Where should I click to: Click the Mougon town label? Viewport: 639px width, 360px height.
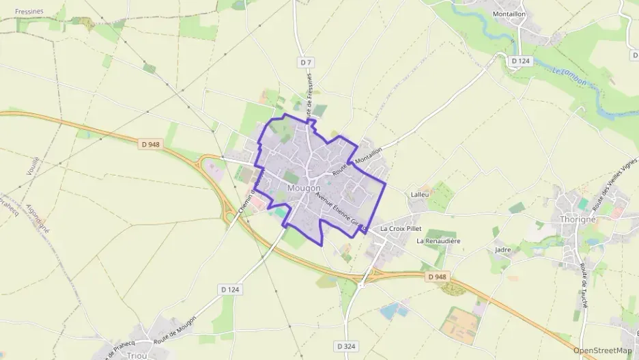tap(304, 188)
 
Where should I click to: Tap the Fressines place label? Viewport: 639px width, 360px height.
tap(29, 11)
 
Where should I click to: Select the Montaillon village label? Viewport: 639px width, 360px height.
tap(509, 14)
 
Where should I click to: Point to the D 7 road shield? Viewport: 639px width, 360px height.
tap(305, 62)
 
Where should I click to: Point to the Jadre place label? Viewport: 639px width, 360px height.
tap(502, 250)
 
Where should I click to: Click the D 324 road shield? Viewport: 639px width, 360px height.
tap(347, 347)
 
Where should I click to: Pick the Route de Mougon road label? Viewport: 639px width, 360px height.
tap(175, 330)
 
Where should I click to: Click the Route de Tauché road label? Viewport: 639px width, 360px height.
tap(584, 286)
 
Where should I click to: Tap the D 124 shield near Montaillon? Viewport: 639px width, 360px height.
tap(520, 61)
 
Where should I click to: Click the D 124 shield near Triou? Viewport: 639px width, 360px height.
tap(231, 290)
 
